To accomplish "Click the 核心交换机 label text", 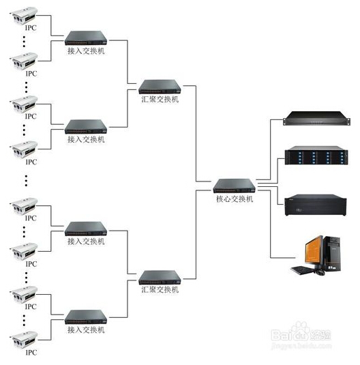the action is pos(235,199).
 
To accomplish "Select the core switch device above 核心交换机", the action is pos(235,186).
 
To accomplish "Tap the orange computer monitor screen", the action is pos(314,251).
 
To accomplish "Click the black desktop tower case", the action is pos(332,254).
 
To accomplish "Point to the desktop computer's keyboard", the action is pos(302,270).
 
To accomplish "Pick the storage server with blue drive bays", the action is pos(316,156).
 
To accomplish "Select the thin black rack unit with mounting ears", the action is pos(316,119).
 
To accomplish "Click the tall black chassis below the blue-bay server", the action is pos(315,205).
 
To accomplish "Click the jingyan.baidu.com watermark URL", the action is pos(301,346).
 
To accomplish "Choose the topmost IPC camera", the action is pos(24,16).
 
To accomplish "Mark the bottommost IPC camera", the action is pos(24,340).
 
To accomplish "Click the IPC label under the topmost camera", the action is pos(31,28).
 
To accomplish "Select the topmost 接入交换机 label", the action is pos(86,50).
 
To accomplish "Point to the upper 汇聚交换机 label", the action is pos(160,99).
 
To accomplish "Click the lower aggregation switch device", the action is pos(160,278).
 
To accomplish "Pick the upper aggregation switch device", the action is pos(160,87).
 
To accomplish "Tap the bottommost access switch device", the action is pos(86,317).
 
